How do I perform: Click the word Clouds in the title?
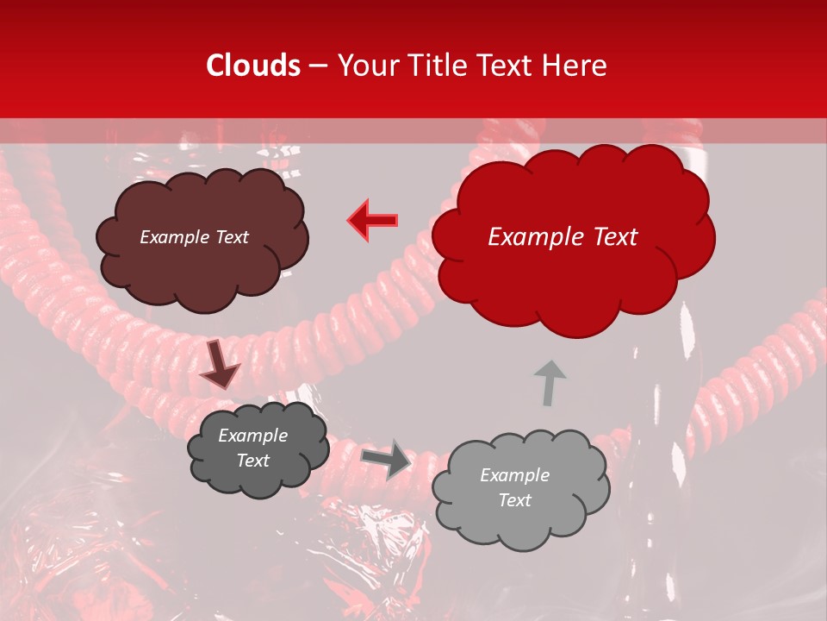click(253, 66)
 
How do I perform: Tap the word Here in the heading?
click(575, 66)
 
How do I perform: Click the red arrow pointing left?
click(373, 220)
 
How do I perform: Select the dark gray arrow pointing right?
click(387, 458)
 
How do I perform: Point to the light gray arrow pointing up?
click(549, 382)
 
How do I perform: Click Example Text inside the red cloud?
click(563, 237)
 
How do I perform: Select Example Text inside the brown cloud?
click(195, 237)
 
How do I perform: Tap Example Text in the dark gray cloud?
click(253, 448)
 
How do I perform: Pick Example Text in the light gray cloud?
click(515, 487)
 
